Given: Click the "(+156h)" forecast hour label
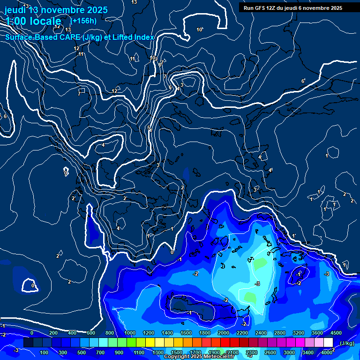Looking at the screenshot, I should (x=83, y=21).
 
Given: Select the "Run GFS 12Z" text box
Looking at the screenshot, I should (x=293, y=8).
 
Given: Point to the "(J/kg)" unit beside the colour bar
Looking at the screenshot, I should (x=346, y=343).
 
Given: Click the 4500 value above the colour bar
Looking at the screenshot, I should (x=336, y=333).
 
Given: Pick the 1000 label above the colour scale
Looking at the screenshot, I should (x=130, y=333).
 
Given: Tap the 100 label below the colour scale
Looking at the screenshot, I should (x=44, y=352).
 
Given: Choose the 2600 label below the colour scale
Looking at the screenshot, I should (x=270, y=352).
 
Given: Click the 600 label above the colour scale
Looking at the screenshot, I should (x=91, y=333).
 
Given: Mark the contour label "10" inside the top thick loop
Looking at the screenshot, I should (x=199, y=30).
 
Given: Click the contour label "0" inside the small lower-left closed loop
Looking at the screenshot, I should (x=32, y=285).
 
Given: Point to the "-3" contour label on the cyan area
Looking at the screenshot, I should (x=257, y=284).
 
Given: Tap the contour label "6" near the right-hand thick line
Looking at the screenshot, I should (x=303, y=81).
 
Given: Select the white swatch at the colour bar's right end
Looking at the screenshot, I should (x=328, y=343).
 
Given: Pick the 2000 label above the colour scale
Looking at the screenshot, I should (x=224, y=333).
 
